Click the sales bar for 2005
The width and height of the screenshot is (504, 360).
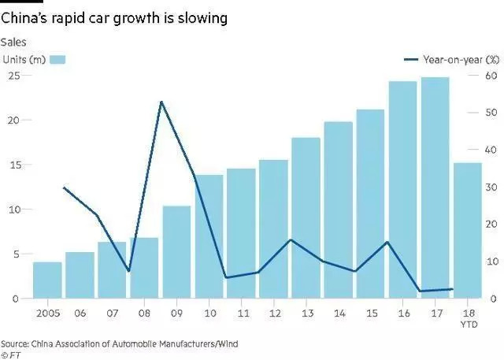pos(47,280)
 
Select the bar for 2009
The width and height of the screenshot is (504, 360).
pos(176,252)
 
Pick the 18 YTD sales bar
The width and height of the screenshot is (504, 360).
pos(467,230)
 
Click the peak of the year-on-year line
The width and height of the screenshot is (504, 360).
pos(161,102)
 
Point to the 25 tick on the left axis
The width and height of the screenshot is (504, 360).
pos(13,75)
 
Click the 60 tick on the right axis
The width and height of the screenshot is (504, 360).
pos(490,76)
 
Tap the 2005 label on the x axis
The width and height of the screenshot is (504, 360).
pos(47,313)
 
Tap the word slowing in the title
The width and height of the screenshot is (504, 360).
pos(203,17)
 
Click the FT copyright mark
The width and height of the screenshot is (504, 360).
pos(13,354)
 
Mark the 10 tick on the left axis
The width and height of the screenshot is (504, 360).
pos(13,210)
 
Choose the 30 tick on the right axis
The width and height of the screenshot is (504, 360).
pos(490,187)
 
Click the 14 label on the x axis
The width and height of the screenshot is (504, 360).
pos(338,313)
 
